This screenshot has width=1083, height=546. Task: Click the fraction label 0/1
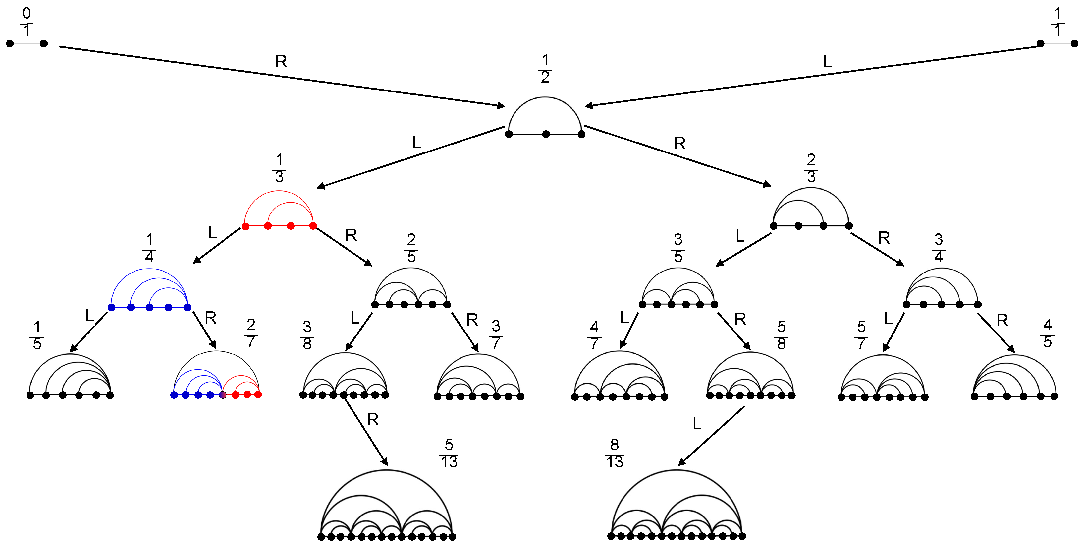click(x=27, y=22)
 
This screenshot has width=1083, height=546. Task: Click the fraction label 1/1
click(x=1057, y=22)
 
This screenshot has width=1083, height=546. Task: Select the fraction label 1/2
click(x=545, y=69)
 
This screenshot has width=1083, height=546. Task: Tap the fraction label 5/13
click(x=449, y=454)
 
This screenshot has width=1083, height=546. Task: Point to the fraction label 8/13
click(x=614, y=454)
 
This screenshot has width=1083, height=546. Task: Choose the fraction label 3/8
click(x=307, y=335)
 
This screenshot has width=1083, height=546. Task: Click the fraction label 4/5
click(x=1047, y=333)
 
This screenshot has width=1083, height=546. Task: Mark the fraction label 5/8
click(x=781, y=335)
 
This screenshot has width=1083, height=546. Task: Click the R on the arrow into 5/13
click(x=372, y=419)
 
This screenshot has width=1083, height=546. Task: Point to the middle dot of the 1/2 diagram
click(x=546, y=134)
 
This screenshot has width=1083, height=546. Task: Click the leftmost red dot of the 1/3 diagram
click(x=245, y=226)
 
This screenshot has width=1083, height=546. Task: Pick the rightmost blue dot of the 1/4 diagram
click(x=188, y=308)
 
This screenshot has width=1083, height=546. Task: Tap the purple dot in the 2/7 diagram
click(x=223, y=394)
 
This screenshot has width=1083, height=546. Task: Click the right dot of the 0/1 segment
click(x=44, y=43)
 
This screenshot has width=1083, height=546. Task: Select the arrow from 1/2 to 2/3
click(x=677, y=155)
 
